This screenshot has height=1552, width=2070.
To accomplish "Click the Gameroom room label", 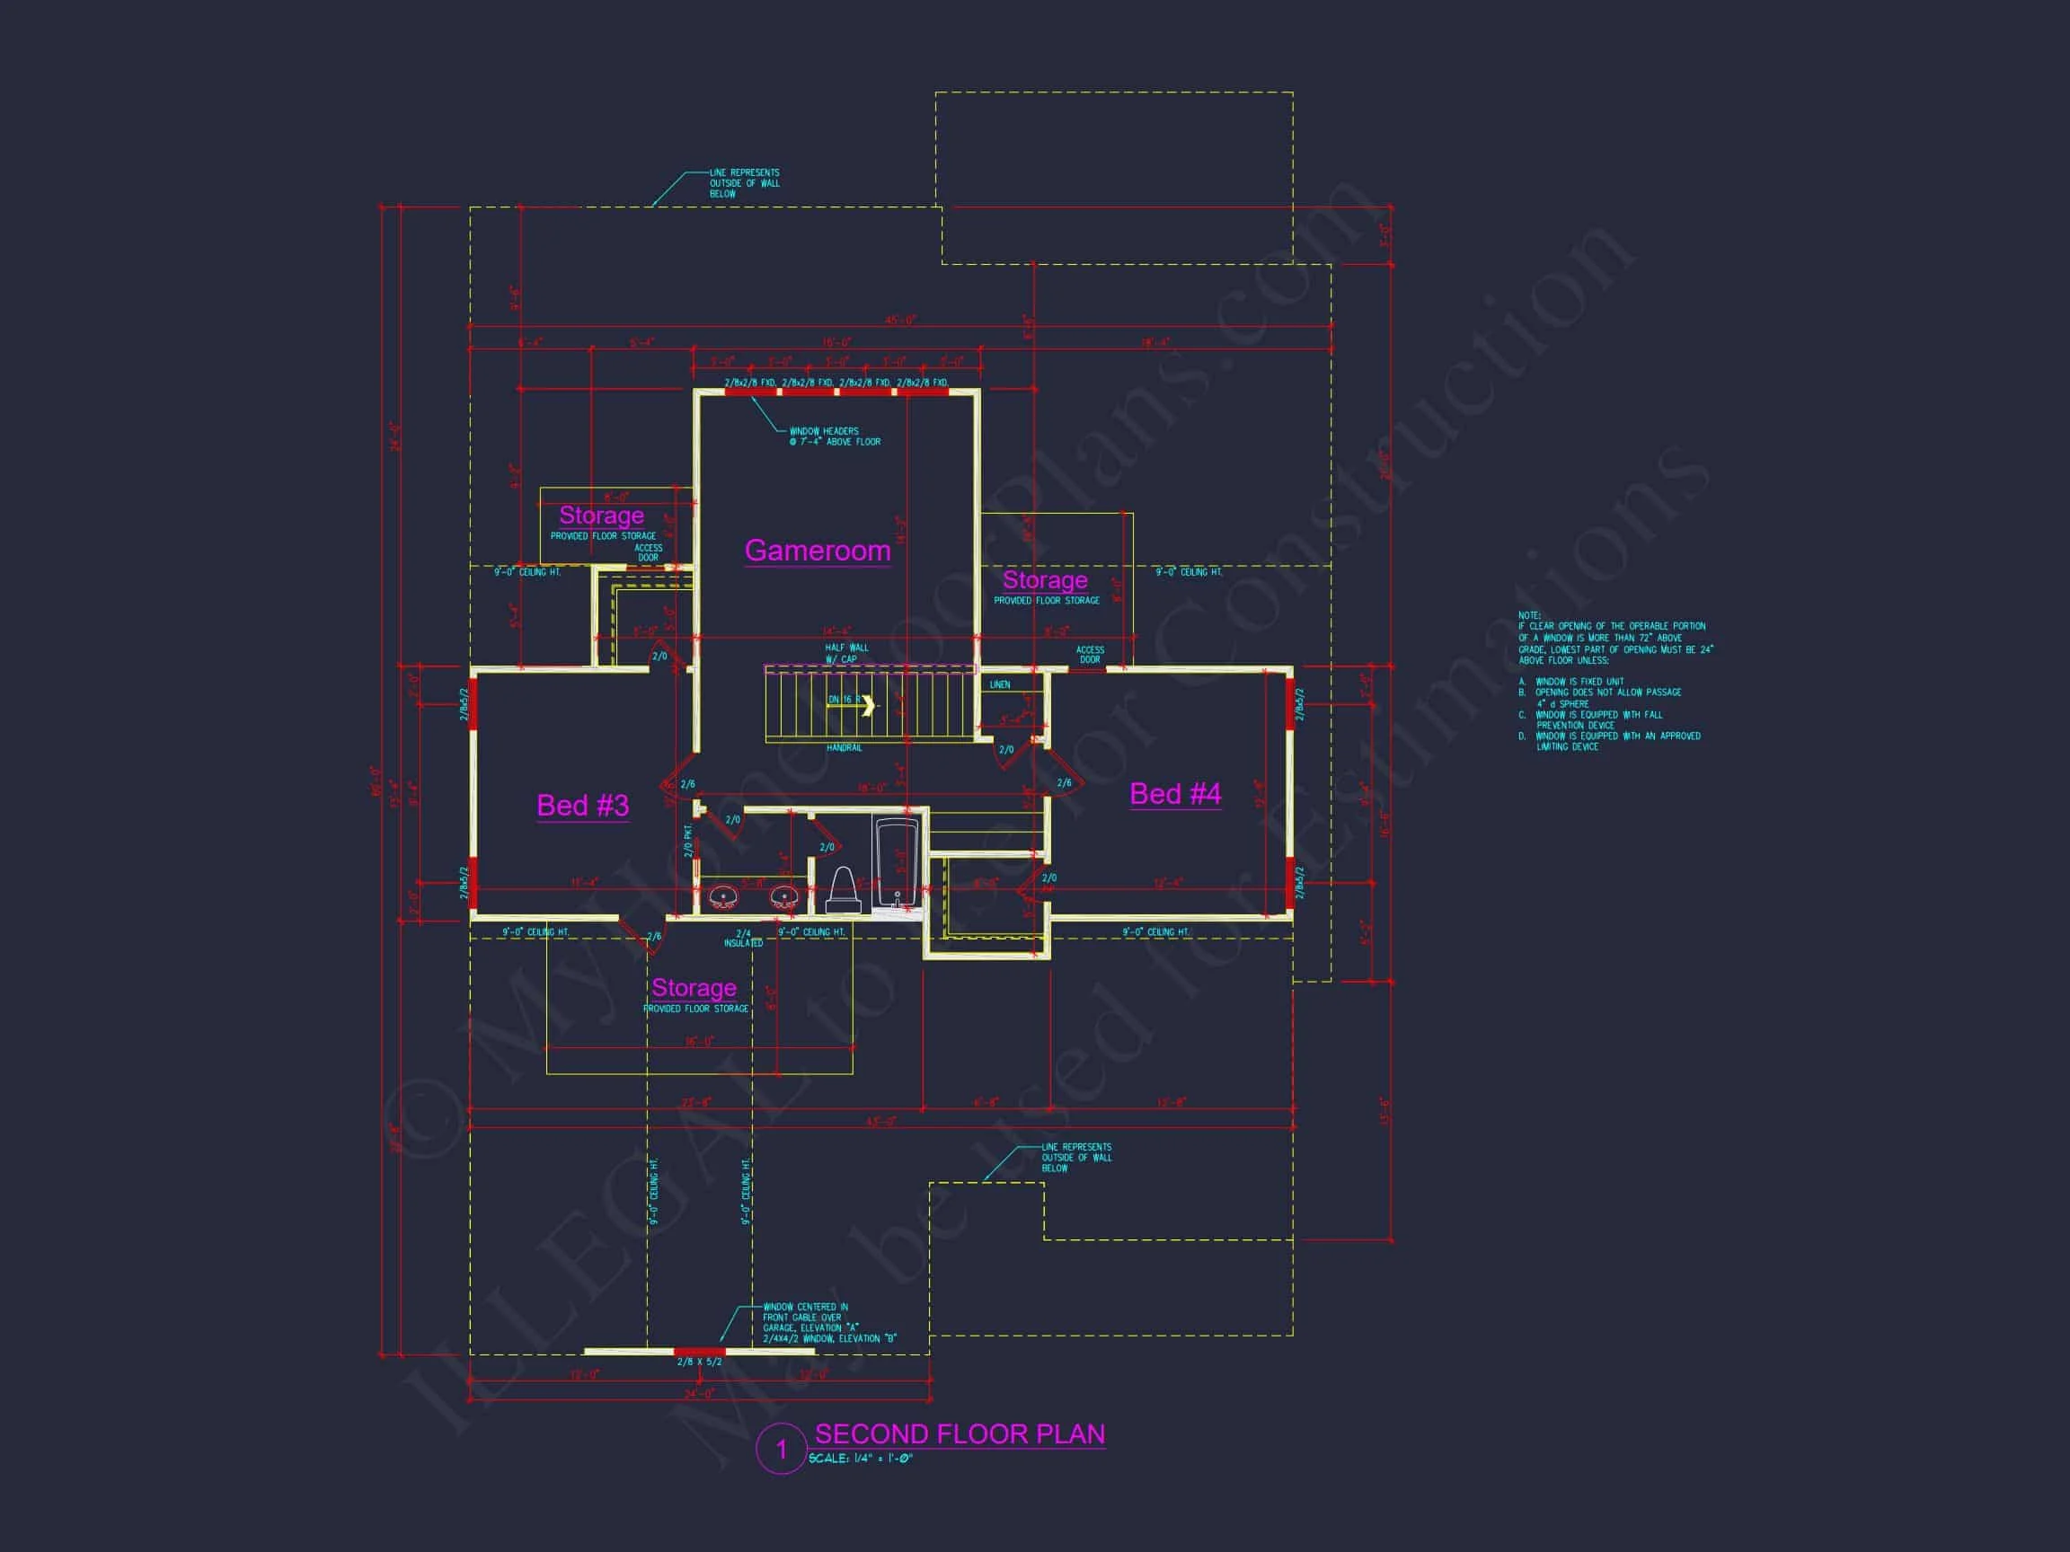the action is pyautogui.click(x=817, y=550).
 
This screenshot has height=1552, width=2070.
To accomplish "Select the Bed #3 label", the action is pyautogui.click(x=582, y=806).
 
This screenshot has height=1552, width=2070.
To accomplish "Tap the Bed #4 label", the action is pyautogui.click(x=1174, y=794).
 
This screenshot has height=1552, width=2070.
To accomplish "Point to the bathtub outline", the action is pyautogui.click(x=897, y=860).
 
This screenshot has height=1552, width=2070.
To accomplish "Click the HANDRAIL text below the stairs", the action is pyautogui.click(x=845, y=748).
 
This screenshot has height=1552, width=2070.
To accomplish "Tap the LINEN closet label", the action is pyautogui.click(x=999, y=684).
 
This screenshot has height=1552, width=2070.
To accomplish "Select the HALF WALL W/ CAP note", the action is pyautogui.click(x=846, y=653).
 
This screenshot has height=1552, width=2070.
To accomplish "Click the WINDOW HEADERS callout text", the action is pyautogui.click(x=835, y=436).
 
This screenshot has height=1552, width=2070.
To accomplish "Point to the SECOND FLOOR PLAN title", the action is pyautogui.click(x=960, y=1434).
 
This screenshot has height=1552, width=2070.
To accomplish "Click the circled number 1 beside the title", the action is pyautogui.click(x=782, y=1450).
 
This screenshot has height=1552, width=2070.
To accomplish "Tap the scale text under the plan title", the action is pyautogui.click(x=860, y=1459).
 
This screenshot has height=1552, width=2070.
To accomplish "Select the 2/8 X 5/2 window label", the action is pyautogui.click(x=699, y=1362).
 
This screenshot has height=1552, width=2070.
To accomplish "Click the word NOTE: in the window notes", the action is pyautogui.click(x=1529, y=615).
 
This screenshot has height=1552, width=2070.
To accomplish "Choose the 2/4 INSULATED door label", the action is pyautogui.click(x=744, y=939).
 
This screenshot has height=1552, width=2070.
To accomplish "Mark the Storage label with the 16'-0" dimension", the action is pyautogui.click(x=694, y=988).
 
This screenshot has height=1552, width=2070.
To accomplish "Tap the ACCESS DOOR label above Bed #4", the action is pyautogui.click(x=1090, y=655).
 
